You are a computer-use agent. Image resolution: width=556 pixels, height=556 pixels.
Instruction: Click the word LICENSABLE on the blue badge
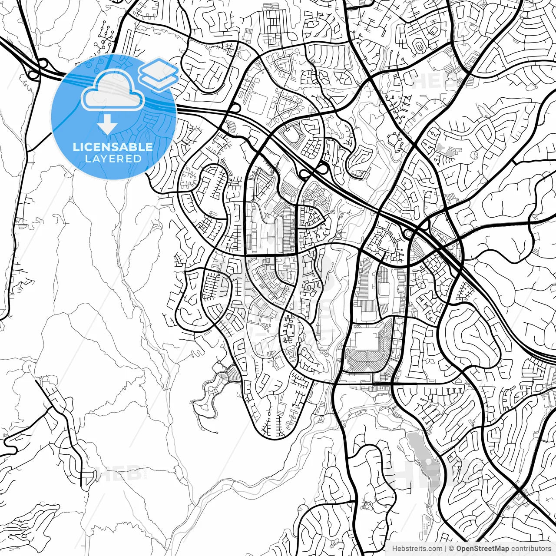[113, 147]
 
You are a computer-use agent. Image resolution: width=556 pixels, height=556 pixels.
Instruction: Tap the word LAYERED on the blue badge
[113, 159]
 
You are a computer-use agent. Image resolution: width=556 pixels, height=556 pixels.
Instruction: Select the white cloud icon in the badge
[113, 90]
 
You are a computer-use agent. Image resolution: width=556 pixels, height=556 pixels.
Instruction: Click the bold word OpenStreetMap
[483, 549]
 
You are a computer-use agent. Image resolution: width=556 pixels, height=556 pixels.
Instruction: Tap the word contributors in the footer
[531, 549]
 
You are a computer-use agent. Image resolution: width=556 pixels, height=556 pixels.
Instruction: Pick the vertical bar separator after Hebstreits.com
[446, 549]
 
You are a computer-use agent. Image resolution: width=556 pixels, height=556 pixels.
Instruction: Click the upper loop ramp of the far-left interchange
[43, 63]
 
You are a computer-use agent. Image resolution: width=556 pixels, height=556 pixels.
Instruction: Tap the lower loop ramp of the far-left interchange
[32, 74]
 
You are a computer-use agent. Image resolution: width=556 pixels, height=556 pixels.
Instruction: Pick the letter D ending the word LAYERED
[138, 159]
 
